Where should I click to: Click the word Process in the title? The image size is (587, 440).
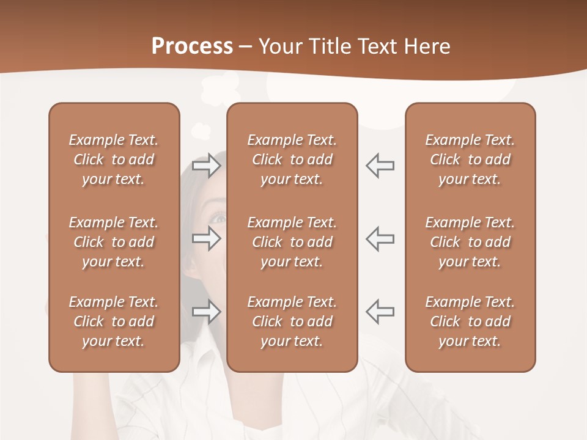(x=192, y=46)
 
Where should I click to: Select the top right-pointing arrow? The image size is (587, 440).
(x=206, y=166)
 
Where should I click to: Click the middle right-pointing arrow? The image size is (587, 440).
(x=206, y=238)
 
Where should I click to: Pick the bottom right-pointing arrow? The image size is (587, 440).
(x=206, y=312)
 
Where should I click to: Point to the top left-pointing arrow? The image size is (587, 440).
(x=380, y=166)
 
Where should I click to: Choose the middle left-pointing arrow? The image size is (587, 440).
(x=380, y=238)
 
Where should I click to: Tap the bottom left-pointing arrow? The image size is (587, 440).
(x=380, y=312)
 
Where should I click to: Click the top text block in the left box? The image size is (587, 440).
(x=114, y=159)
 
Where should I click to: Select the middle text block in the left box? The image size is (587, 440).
(x=114, y=242)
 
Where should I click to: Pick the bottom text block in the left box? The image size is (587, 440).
(x=114, y=321)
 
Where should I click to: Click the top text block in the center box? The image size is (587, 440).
(x=292, y=159)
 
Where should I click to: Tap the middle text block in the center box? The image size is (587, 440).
(x=292, y=242)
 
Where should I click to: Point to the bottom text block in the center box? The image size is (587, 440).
(x=292, y=321)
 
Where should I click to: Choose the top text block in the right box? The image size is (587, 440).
(x=470, y=159)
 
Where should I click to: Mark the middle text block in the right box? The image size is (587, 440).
(x=470, y=242)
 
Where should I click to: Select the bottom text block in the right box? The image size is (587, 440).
(x=470, y=321)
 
